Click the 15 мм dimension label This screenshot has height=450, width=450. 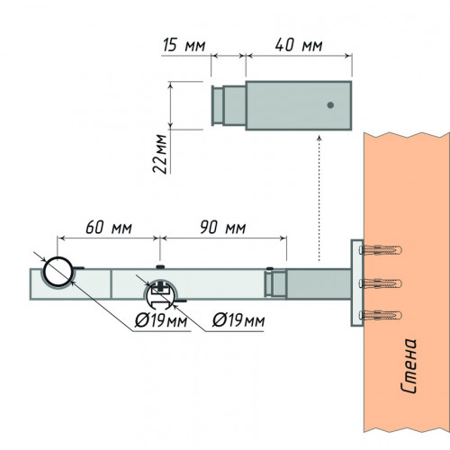[x=184, y=45]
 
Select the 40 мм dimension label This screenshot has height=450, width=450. [x=299, y=45]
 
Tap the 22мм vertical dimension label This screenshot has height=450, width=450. [x=159, y=154]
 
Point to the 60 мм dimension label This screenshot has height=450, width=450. [x=109, y=228]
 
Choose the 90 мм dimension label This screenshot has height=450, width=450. [x=223, y=228]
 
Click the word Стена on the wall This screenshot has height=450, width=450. [x=409, y=366]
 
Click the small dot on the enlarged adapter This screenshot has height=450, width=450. [x=330, y=105]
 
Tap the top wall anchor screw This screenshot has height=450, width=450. [x=381, y=249]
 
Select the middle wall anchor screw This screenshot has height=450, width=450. [x=381, y=283]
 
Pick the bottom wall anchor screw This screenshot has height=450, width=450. [x=381, y=315]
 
